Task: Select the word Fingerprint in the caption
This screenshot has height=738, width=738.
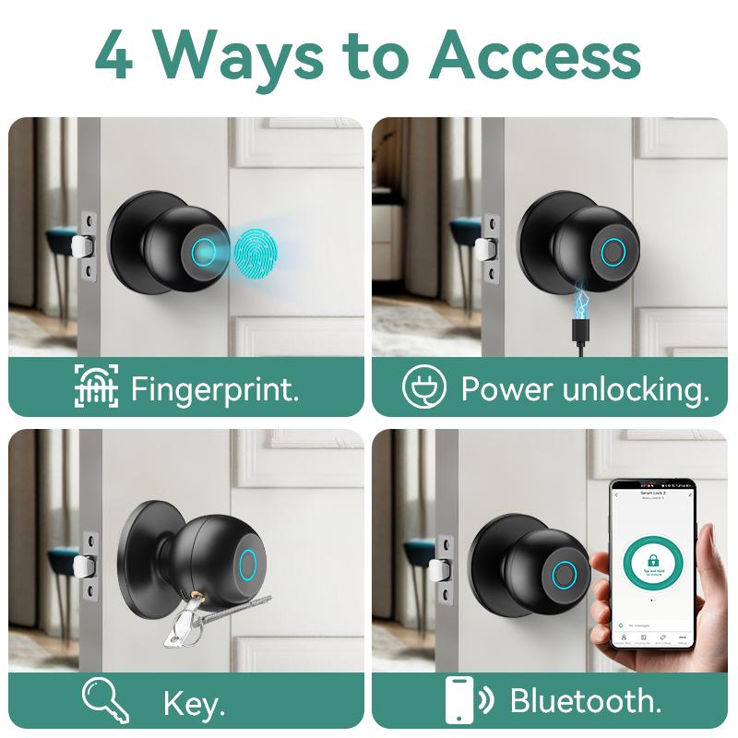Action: pyautogui.click(x=214, y=388)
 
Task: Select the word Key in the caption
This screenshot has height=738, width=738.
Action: pyautogui.click(x=194, y=704)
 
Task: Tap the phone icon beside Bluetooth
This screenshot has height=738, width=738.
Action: pyautogui.click(x=460, y=699)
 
